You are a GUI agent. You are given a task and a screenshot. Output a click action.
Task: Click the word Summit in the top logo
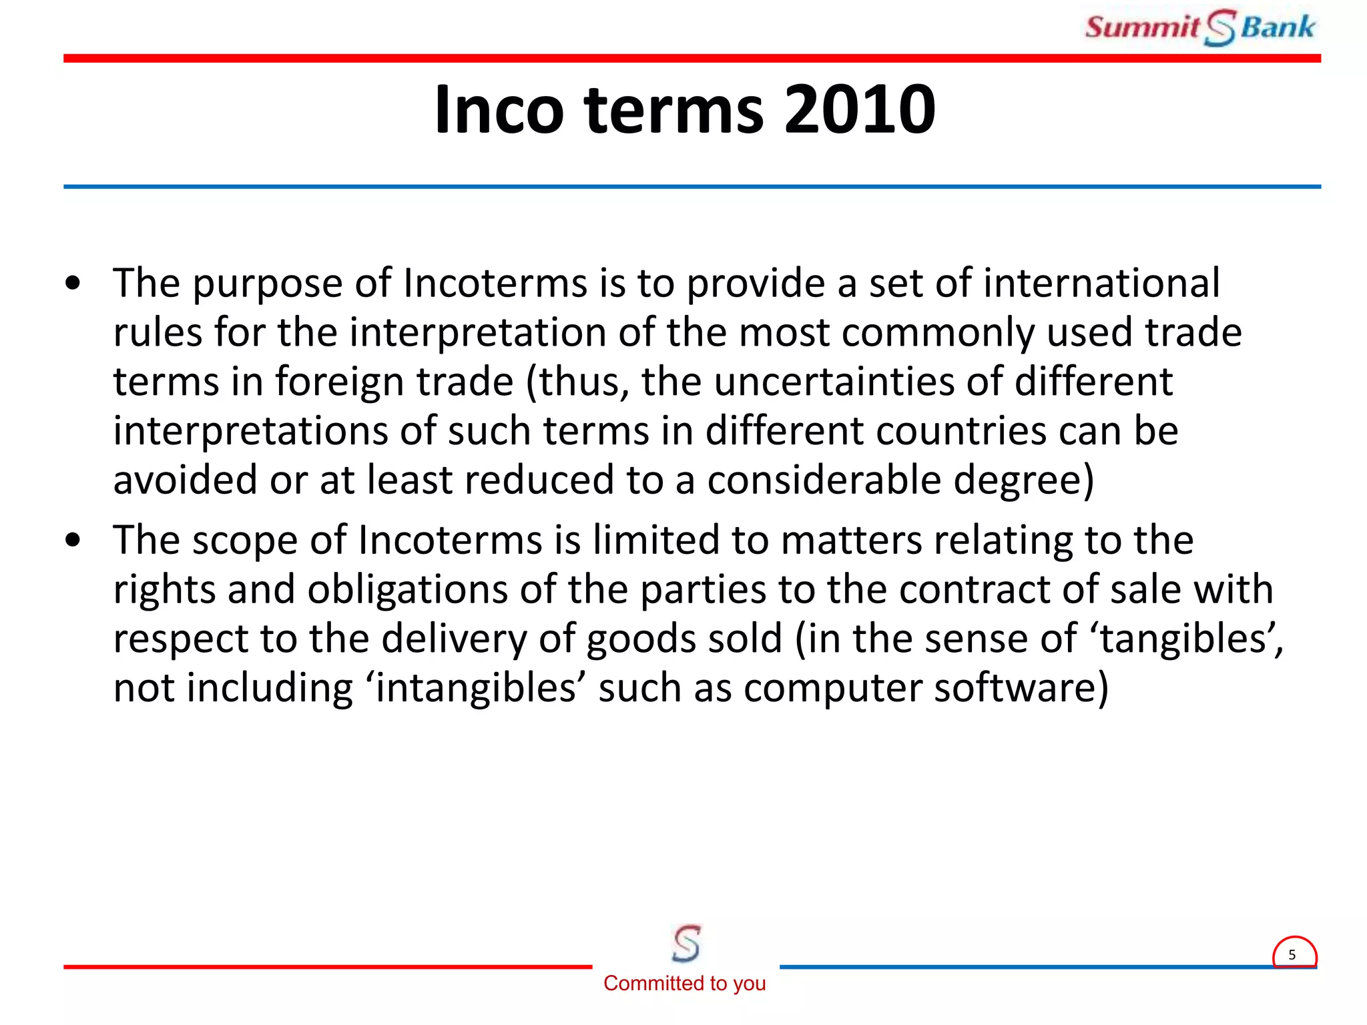click(1142, 27)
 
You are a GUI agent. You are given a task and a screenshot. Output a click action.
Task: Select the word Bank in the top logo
click(1278, 27)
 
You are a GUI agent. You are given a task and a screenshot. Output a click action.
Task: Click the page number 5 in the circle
click(1292, 955)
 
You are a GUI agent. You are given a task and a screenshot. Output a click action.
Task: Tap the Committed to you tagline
click(685, 983)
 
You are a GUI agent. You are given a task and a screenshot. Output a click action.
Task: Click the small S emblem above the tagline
click(686, 943)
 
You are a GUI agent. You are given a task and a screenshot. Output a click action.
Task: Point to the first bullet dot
click(73, 284)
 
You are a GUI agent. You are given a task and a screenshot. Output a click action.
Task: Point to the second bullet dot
click(73, 541)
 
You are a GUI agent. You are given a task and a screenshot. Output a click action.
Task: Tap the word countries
click(961, 431)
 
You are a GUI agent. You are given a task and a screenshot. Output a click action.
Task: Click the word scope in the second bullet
click(244, 541)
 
